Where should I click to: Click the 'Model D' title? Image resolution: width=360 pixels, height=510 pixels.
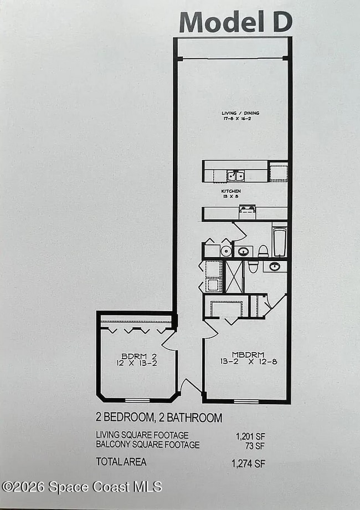point(235,22)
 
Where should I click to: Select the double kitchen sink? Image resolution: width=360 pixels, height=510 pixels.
point(235,176)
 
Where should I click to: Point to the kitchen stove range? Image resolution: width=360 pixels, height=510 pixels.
point(247,212)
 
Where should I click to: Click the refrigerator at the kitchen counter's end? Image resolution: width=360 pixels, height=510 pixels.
point(278,172)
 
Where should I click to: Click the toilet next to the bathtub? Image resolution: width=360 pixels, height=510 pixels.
point(263,251)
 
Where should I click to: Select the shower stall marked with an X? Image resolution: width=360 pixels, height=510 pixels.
point(234,276)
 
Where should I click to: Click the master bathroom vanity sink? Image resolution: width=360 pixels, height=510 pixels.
point(274,266)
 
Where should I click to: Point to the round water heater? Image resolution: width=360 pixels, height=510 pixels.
point(226,251)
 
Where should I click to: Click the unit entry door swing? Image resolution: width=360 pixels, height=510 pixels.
point(190,385)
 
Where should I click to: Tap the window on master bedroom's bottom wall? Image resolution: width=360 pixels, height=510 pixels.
point(246,401)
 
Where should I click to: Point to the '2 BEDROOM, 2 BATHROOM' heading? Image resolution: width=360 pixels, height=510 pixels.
point(159,417)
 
